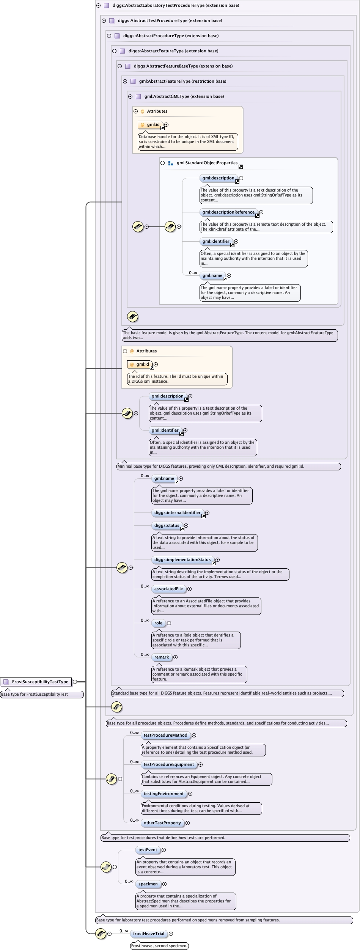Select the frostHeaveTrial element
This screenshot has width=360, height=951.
click(x=149, y=934)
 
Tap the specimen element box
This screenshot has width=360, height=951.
click(x=148, y=884)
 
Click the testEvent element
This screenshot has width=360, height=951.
click(x=148, y=850)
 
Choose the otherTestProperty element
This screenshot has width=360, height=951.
click(x=162, y=823)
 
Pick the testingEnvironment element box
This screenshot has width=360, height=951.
click(x=163, y=794)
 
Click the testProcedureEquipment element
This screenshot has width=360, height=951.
click(x=169, y=764)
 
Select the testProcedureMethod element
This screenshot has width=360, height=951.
click(x=165, y=735)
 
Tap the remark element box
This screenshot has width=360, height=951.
click(x=162, y=657)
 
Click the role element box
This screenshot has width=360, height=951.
click(x=158, y=623)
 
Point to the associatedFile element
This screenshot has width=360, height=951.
click(x=168, y=589)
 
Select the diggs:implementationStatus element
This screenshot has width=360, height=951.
click(x=182, y=560)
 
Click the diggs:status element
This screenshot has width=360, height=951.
click(x=167, y=525)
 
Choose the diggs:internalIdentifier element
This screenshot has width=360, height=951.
click(x=177, y=512)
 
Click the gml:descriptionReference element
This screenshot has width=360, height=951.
click(x=228, y=212)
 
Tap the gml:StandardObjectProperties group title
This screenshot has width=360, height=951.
click(x=207, y=163)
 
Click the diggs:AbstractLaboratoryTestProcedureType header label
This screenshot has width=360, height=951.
click(x=176, y=5)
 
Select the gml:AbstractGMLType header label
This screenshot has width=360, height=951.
click(x=184, y=96)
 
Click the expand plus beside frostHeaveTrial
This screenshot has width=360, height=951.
click(x=171, y=934)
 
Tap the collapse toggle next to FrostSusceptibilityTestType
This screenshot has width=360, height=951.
click(x=75, y=682)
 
